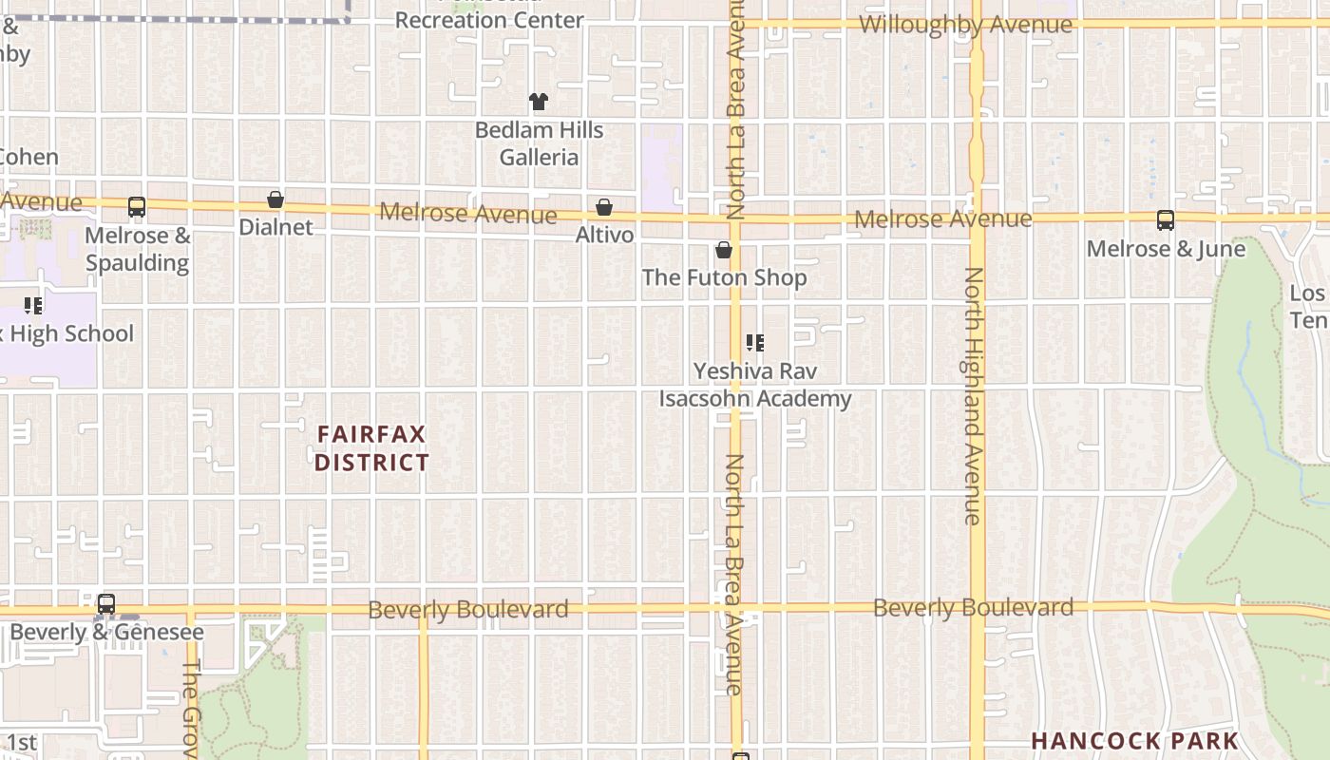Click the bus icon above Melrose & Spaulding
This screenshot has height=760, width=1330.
click(137, 207)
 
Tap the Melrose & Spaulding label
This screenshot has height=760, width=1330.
click(138, 249)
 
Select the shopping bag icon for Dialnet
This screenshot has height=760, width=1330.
click(275, 199)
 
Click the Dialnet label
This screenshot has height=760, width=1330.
click(275, 227)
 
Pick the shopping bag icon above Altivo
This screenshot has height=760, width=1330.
click(604, 207)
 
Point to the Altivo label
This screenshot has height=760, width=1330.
click(604, 234)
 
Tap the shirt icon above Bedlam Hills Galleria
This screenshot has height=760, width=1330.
click(539, 102)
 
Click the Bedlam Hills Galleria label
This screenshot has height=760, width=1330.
click(539, 143)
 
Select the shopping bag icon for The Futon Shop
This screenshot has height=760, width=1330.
click(724, 251)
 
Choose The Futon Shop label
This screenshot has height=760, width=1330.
click(724, 277)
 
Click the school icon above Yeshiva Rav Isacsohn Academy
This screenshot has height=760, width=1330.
click(755, 343)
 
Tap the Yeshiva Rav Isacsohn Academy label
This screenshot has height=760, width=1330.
click(755, 385)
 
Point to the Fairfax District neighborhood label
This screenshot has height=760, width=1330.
click(371, 448)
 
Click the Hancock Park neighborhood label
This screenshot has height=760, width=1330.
click(1134, 741)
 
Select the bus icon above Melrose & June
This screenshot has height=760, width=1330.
click(1166, 220)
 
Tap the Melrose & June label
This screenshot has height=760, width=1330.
click(1166, 249)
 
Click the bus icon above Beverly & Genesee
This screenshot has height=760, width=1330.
click(106, 604)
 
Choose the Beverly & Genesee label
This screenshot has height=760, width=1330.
click(106, 632)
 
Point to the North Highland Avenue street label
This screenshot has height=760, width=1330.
click(972, 395)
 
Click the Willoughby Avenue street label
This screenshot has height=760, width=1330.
click(965, 25)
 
